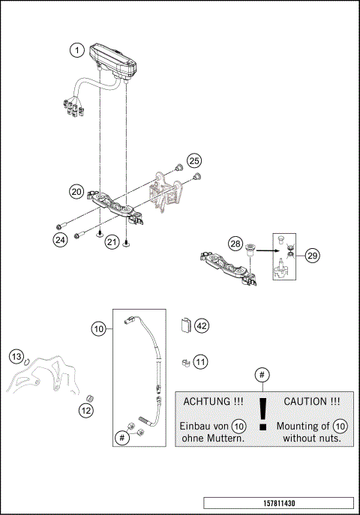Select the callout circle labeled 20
click(x=76, y=192)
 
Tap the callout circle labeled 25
click(x=194, y=160)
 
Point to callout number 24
click(x=61, y=240)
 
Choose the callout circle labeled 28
click(x=235, y=245)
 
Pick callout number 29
click(x=312, y=256)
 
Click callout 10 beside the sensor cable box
click(x=99, y=328)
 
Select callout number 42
click(x=201, y=325)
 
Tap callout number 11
click(x=200, y=362)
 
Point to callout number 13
click(x=17, y=355)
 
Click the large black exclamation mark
click(x=262, y=415)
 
